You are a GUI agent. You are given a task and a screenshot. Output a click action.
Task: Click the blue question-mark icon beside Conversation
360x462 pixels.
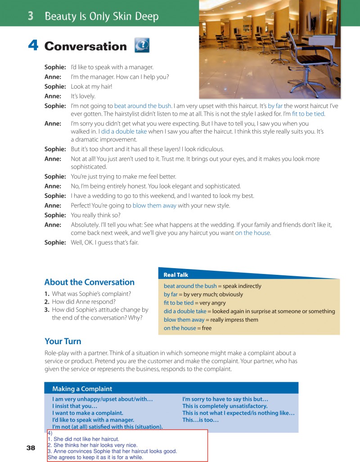point(142,45)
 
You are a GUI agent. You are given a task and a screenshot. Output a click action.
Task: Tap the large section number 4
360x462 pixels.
point(33,46)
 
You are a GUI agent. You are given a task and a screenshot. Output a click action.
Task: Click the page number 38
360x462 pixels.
point(31,448)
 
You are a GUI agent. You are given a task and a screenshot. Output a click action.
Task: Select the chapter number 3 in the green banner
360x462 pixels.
point(31,16)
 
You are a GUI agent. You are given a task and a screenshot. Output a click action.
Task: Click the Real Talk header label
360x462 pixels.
point(176,274)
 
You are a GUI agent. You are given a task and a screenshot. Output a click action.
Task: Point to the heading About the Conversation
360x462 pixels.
point(89,282)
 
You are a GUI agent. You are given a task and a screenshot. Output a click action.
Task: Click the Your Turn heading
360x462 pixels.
point(63,341)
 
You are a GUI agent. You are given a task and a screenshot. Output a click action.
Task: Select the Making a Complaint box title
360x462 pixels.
point(82,389)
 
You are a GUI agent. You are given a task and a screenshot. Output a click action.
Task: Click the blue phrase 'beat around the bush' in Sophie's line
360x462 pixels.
point(143,106)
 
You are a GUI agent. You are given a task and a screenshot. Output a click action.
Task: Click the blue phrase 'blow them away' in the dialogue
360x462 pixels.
point(154,206)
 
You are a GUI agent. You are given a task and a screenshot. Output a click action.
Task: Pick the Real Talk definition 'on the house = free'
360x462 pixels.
point(188,328)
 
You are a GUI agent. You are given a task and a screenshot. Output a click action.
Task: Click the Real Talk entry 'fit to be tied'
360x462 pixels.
point(179,303)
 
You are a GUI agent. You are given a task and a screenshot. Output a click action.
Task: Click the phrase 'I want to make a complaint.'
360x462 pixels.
point(88,413)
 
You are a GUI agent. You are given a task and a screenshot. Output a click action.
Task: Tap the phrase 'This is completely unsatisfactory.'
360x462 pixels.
point(225,406)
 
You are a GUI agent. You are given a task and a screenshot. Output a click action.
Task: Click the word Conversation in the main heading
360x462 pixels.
point(85,46)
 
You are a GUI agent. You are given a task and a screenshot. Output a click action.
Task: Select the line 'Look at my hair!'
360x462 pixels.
point(85,86)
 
